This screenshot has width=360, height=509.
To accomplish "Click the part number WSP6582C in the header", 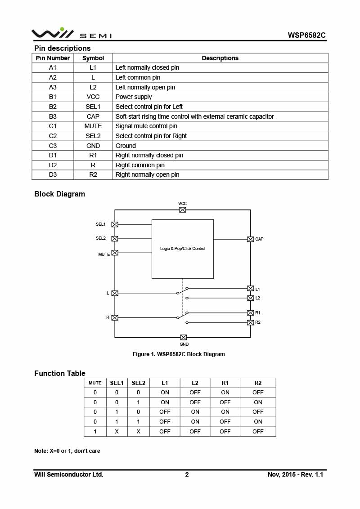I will click(306, 35).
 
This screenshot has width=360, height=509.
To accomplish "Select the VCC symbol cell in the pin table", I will click(93, 97).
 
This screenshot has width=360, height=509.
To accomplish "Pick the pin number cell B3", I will click(53, 116).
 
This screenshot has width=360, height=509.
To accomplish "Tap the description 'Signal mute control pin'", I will click(146, 126).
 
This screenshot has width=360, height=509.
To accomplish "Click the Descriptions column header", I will click(220, 58).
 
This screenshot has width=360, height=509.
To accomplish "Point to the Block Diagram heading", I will click(59, 194).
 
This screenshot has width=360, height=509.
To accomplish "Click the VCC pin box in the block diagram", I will click(183, 210).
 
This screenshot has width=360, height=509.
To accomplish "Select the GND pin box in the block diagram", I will click(184, 337).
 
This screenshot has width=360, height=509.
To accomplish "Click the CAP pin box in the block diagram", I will click(251, 239).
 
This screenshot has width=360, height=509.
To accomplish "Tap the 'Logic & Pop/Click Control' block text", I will click(183, 249).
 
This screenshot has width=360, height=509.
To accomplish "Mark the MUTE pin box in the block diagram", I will click(115, 253).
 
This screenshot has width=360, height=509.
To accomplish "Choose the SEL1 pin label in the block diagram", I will click(100, 224).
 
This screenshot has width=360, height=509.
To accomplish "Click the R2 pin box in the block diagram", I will click(251, 322).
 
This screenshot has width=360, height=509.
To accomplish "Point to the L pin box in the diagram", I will click(115, 293).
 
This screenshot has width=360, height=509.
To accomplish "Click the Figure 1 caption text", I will click(179, 354).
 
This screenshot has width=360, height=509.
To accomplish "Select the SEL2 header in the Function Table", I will click(138, 383).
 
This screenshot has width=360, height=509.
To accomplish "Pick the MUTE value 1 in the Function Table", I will click(95, 432).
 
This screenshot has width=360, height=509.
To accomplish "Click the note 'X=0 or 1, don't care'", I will click(67, 451).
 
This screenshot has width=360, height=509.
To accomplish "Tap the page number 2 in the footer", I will click(187, 474).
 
